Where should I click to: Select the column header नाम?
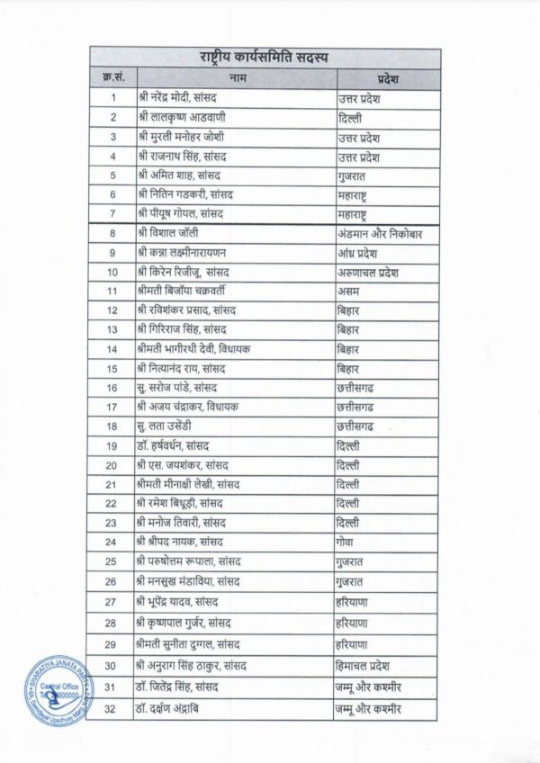(x=232, y=78)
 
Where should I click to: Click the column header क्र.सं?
(x=113, y=78)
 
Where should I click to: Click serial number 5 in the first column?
(x=113, y=175)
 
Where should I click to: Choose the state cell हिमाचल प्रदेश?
(x=368, y=664)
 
